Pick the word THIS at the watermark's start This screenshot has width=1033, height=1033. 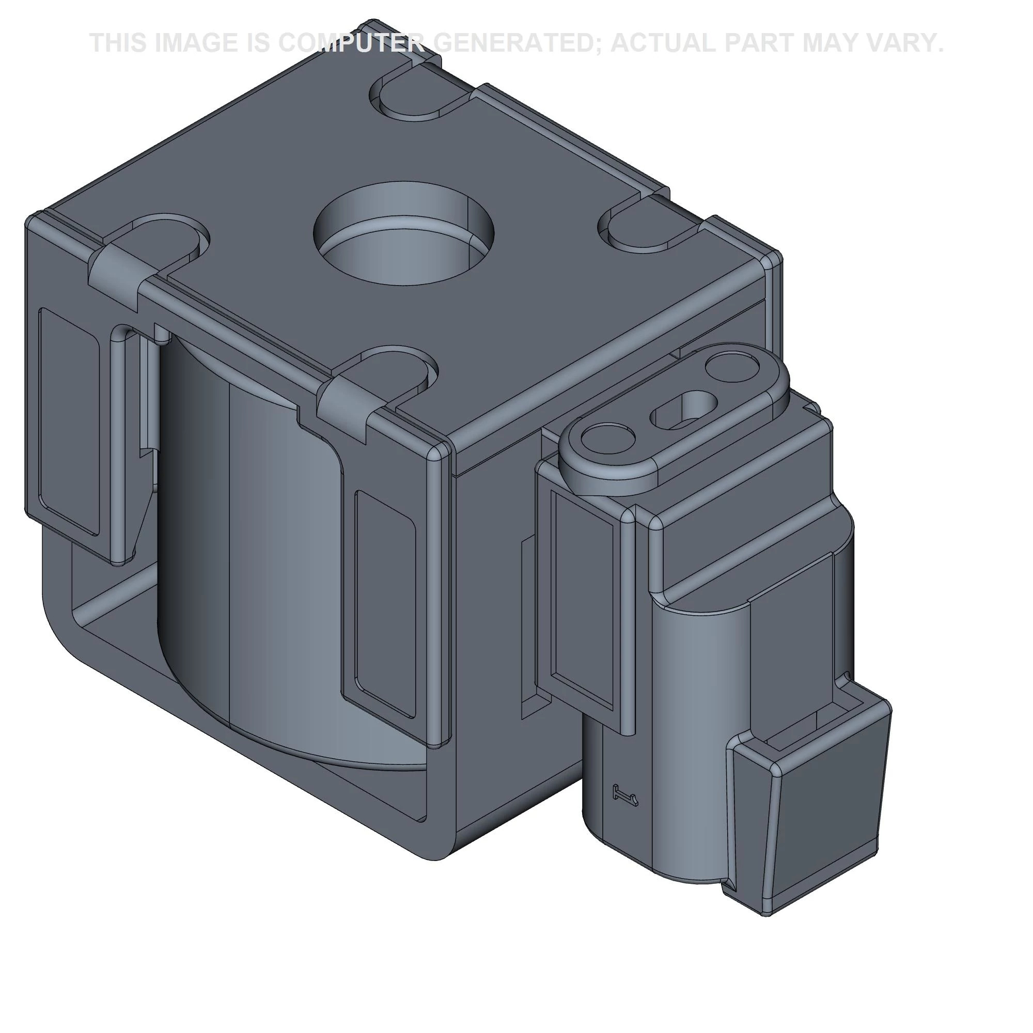coord(118,43)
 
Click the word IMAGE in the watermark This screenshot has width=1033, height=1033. coord(197,43)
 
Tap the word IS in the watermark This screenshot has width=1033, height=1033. coord(259,43)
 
